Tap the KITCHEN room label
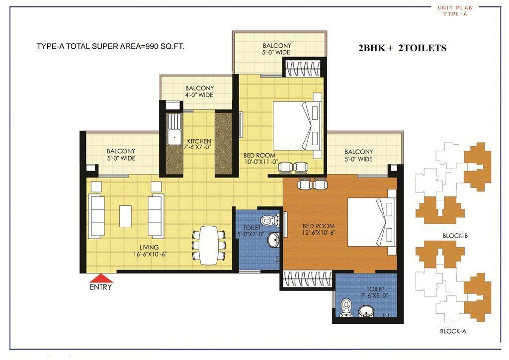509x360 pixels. pyautogui.click(x=199, y=141)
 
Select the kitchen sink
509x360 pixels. pyautogui.click(x=174, y=129)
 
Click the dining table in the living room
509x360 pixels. pyautogui.click(x=209, y=245)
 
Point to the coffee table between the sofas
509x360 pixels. pyautogui.click(x=125, y=216)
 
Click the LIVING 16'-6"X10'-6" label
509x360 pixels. pyautogui.click(x=149, y=251)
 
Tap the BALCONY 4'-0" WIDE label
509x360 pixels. pyautogui.click(x=199, y=91)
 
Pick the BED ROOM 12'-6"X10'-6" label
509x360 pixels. pyautogui.click(x=319, y=229)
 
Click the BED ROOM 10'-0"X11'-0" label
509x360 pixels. pyautogui.click(x=259, y=159)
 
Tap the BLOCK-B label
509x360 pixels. pyautogui.click(x=455, y=236)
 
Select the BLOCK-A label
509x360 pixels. pyautogui.click(x=453, y=331)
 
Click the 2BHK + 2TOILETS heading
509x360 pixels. pyautogui.click(x=402, y=48)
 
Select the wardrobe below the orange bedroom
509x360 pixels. pyautogui.click(x=307, y=279)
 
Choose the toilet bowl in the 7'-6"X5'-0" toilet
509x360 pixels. pyautogui.click(x=345, y=308)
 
